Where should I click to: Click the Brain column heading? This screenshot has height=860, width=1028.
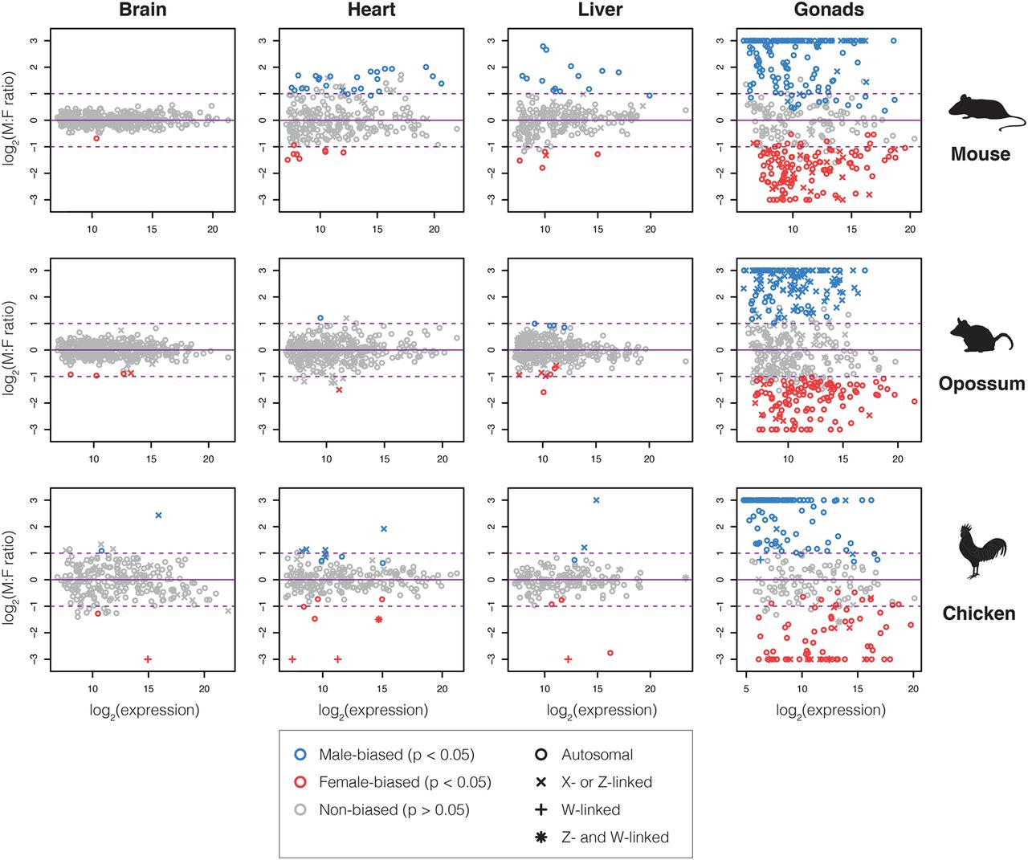click(x=143, y=10)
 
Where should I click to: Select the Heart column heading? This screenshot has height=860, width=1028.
click(x=371, y=10)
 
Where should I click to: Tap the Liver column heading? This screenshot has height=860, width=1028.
click(x=600, y=10)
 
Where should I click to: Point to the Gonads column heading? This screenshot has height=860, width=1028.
click(x=829, y=10)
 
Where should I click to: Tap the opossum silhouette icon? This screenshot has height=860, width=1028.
click(x=981, y=336)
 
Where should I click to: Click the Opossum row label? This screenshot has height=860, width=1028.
click(x=981, y=384)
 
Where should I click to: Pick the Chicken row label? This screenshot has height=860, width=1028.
click(x=979, y=613)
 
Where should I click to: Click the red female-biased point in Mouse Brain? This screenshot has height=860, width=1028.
click(x=96, y=138)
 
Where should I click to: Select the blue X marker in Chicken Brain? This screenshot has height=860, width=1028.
click(x=158, y=516)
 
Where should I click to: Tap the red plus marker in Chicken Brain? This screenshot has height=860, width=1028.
click(x=148, y=659)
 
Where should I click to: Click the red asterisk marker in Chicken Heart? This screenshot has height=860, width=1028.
click(x=378, y=619)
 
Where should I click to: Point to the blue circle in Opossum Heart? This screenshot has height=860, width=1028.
click(x=320, y=318)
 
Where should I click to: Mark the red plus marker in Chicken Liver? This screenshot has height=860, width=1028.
click(x=568, y=659)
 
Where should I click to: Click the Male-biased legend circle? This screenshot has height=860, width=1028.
click(x=300, y=755)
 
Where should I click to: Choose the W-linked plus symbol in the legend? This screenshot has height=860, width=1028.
click(x=541, y=809)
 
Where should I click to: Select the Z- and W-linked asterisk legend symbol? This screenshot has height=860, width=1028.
click(x=541, y=838)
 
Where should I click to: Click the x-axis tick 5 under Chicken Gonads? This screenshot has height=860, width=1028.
click(x=746, y=689)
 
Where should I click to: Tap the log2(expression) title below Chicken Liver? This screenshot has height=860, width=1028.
click(x=602, y=711)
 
